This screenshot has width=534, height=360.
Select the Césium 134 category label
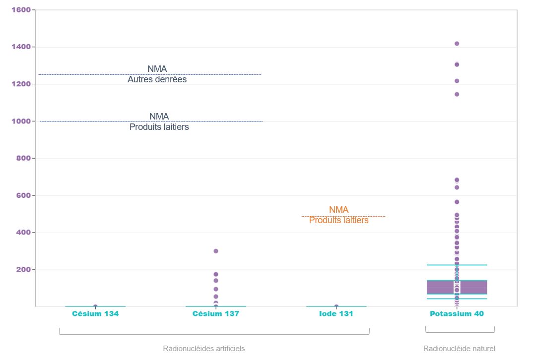coord(95,314)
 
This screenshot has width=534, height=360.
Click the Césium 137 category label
coord(216,314)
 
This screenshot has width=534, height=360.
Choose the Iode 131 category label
coord(336,314)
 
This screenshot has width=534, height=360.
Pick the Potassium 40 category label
coord(457,314)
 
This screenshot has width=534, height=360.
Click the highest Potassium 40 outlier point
coord(457,44)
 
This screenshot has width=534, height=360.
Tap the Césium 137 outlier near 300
coord(216,251)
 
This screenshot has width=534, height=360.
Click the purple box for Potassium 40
coord(442,287)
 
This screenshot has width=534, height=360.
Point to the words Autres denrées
coord(157,79)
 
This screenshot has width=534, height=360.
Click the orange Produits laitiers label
coord(338,221)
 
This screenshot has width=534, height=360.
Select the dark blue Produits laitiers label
coord(159,127)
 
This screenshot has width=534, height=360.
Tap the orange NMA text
coord(338,210)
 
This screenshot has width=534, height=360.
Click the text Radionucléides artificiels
coord(203,349)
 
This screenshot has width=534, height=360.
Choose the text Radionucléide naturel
coord(459,349)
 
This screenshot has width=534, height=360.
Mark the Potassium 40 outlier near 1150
coord(457,94)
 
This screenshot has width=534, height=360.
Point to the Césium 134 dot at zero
coord(95,306)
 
